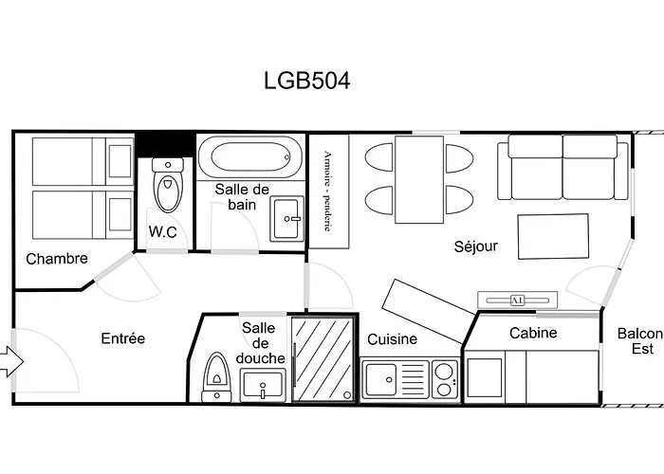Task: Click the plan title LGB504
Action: pyautogui.click(x=306, y=81)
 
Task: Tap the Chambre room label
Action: pyautogui.click(x=57, y=259)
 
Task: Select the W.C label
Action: pyautogui.click(x=163, y=232)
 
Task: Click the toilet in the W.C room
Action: pyautogui.click(x=168, y=187)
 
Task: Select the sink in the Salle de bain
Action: pyautogui.click(x=286, y=220)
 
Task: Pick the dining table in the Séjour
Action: pyautogui.click(x=419, y=178)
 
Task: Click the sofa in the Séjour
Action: pyautogui.click(x=563, y=167)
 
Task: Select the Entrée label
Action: pyautogui.click(x=123, y=338)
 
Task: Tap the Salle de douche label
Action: pyautogui.click(x=258, y=342)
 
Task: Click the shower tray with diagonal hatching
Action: pyautogui.click(x=322, y=358)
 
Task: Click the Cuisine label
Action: pyautogui.click(x=393, y=339)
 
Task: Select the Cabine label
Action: pyautogui.click(x=533, y=333)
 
